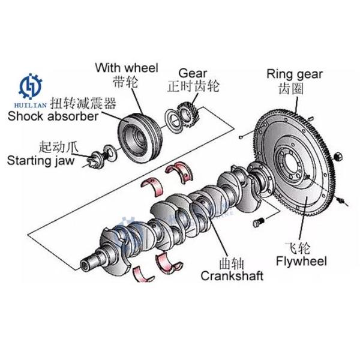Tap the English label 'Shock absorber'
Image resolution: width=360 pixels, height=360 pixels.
pos(52,116)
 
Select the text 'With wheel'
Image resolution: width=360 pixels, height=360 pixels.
pos(127,68)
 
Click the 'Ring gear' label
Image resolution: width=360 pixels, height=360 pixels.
pos(295,74)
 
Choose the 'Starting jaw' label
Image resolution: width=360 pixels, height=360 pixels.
pos(40,160)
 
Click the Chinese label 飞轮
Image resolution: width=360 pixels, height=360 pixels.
pos(299,246)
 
